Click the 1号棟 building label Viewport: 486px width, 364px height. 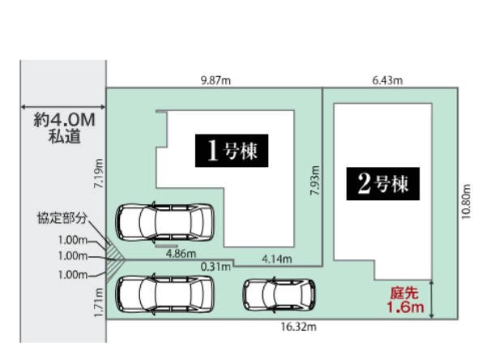pyautogui.click(x=232, y=151)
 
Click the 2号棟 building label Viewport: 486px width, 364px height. pyautogui.click(x=383, y=184)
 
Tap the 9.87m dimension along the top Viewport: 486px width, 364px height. pyautogui.click(x=215, y=80)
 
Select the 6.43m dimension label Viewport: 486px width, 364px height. pyautogui.click(x=387, y=80)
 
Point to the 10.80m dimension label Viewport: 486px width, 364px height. pyautogui.click(x=466, y=202)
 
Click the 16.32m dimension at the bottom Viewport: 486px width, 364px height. pyautogui.click(x=299, y=327)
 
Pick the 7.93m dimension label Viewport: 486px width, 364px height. pyautogui.click(x=314, y=181)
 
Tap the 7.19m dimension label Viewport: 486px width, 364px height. pyautogui.click(x=99, y=173)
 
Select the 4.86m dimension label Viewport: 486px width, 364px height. pyautogui.click(x=181, y=254)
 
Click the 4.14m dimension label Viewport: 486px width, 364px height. pyautogui.click(x=277, y=259)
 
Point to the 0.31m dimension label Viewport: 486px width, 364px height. pyautogui.click(x=215, y=267)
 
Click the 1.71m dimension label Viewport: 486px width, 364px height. pyautogui.click(x=99, y=302)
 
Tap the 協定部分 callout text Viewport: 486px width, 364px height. pyautogui.click(x=62, y=218)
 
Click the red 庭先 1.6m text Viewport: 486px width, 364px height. pyautogui.click(x=405, y=301)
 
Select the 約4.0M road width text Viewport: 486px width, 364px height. pyautogui.click(x=64, y=120)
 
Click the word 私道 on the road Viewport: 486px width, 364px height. pyautogui.click(x=64, y=136)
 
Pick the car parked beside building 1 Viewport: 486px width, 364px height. pyautogui.click(x=164, y=222)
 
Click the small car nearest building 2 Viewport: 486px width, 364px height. pyautogui.click(x=279, y=295)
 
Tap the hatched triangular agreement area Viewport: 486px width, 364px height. pyautogui.click(x=114, y=259)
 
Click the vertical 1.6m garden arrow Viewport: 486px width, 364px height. pyautogui.click(x=432, y=299)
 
